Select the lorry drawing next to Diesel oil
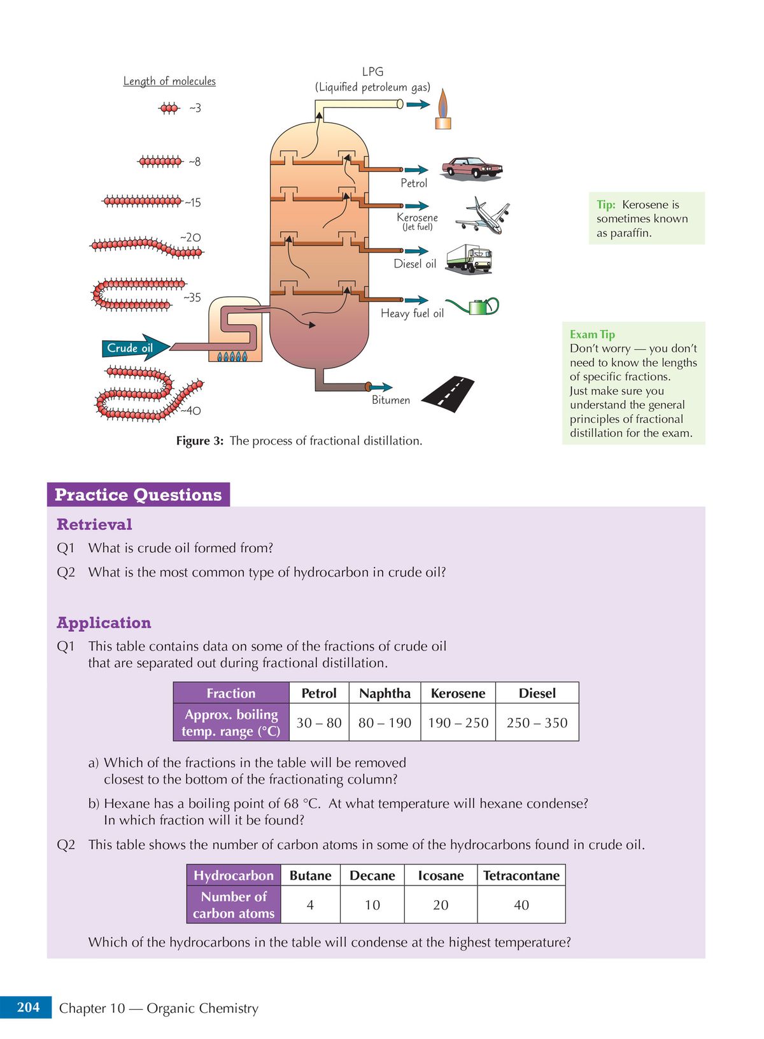click(469, 259)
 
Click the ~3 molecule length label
click(195, 108)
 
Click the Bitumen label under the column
click(391, 400)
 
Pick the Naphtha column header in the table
click(385, 693)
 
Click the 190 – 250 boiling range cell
click(458, 722)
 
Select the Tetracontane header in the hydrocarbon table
click(521, 875)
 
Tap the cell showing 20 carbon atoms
click(441, 905)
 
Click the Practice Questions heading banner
click(138, 495)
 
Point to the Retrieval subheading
click(94, 524)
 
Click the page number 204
click(28, 1007)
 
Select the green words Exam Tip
click(592, 334)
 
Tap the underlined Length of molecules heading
click(169, 81)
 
